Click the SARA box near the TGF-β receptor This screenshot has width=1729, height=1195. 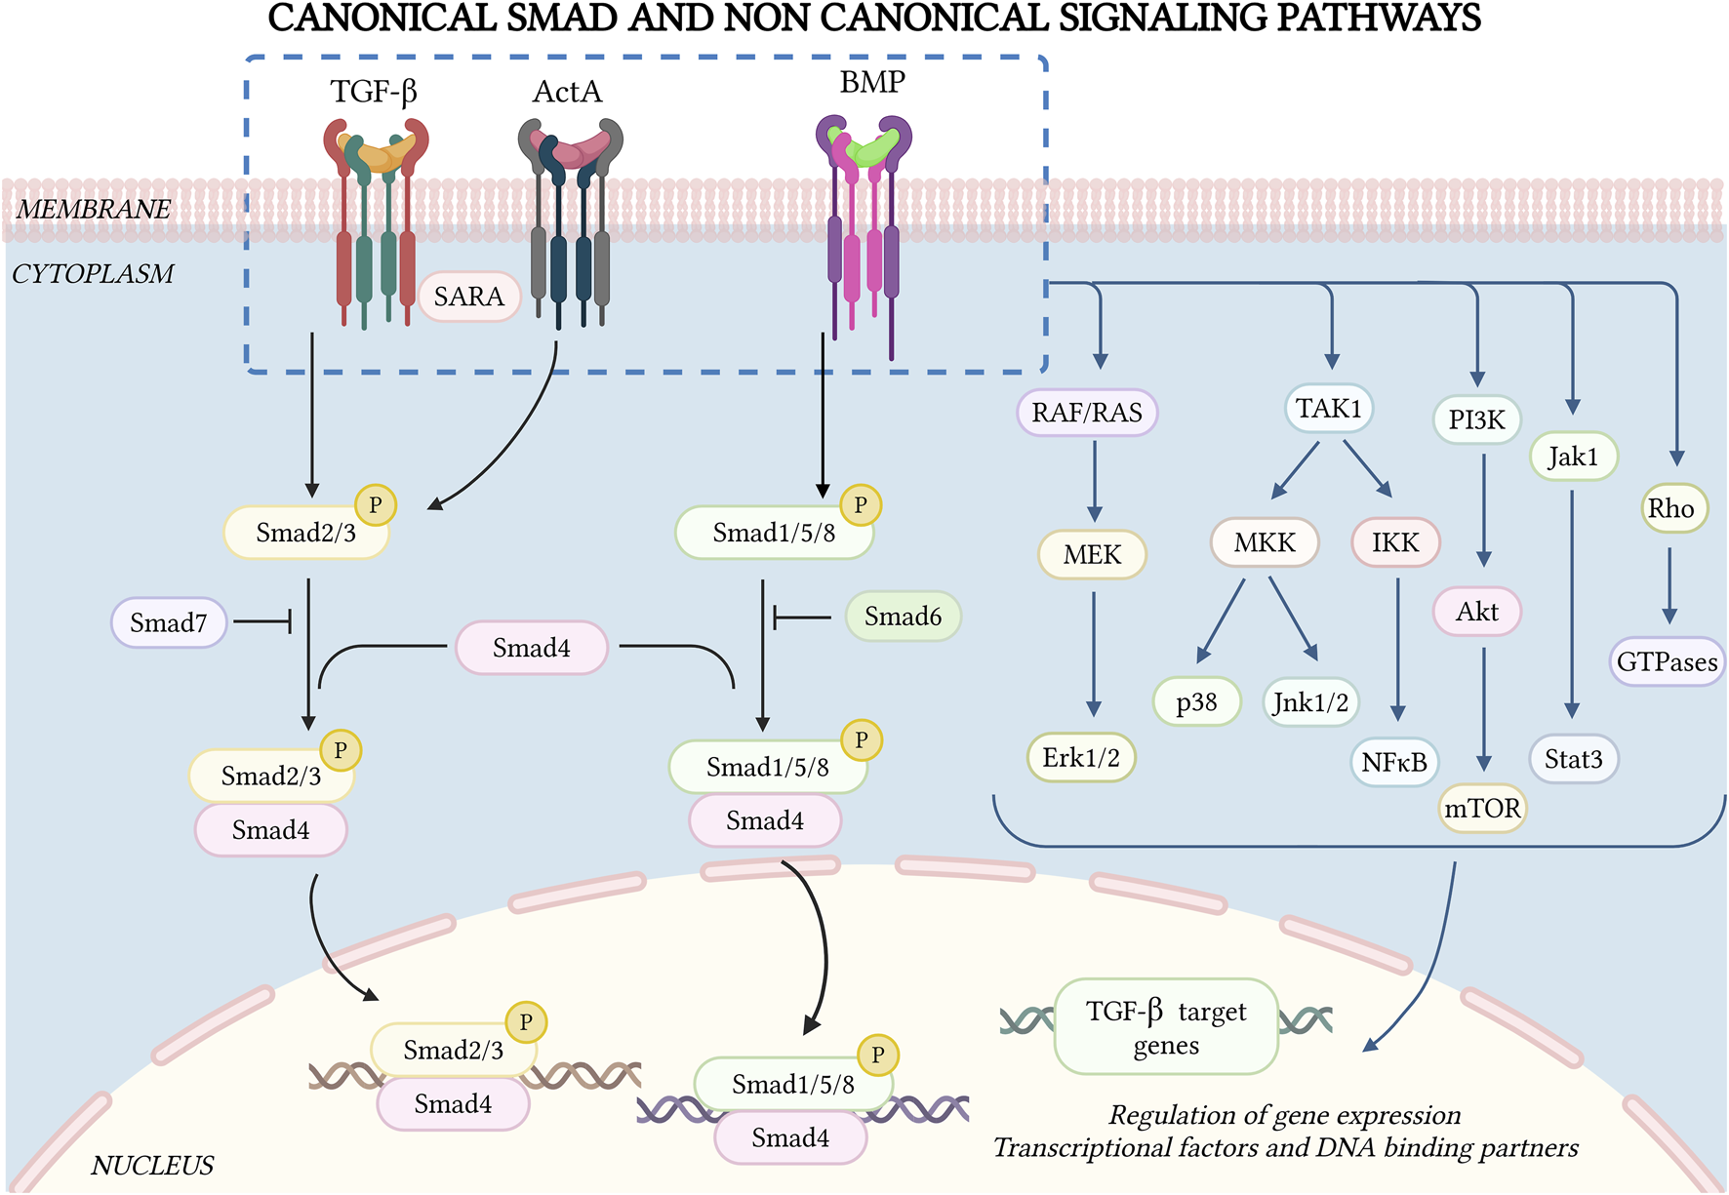click(469, 297)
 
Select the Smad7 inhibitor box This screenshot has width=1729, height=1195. click(169, 623)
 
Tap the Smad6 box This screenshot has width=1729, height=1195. click(903, 617)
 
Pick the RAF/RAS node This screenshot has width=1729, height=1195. click(1087, 413)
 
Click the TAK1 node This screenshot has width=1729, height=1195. click(1329, 409)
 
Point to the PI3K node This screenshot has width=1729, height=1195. click(1476, 420)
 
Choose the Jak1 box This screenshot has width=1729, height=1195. click(1573, 457)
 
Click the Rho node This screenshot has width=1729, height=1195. click(1671, 508)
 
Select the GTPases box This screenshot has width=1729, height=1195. click(1667, 662)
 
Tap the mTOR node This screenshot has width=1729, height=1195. click(1482, 809)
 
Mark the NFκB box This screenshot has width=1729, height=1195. click(1394, 762)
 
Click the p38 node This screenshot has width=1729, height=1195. click(1196, 702)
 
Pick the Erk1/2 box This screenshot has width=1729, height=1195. click(1081, 758)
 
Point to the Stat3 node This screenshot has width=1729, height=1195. click(1573, 759)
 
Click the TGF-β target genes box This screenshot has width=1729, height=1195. click(1166, 1027)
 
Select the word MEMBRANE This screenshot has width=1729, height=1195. click(94, 210)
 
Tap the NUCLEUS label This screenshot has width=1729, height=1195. click(152, 1166)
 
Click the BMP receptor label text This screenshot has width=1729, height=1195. click(872, 83)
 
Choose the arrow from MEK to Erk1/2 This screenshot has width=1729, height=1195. click(1094, 654)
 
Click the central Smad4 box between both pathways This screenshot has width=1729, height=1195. click(532, 648)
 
